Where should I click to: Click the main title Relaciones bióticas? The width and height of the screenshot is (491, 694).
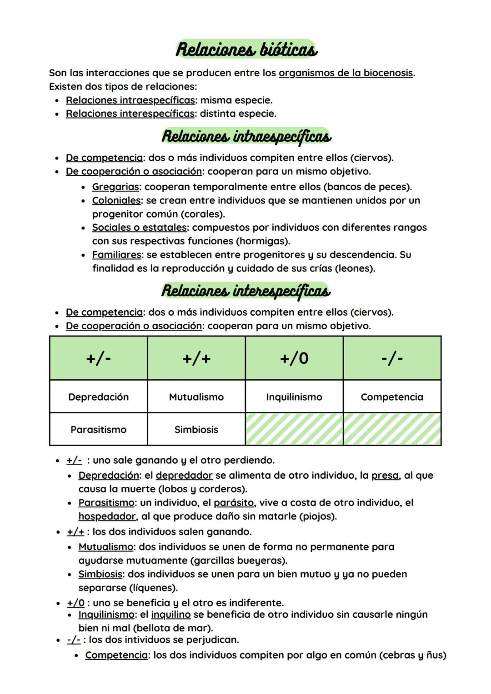coord(246,50)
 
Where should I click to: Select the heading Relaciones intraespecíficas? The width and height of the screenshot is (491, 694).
coord(246,136)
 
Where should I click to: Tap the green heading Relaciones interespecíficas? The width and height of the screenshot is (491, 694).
coord(245,291)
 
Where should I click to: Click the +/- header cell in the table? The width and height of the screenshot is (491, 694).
coord(98,358)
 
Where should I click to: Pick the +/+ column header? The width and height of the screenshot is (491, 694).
coord(196,358)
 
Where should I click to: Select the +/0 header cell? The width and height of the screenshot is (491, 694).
coord(294,358)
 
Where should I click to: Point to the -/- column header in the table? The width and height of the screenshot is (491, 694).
coord(392,358)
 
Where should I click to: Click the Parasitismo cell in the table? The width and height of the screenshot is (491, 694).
coord(98,429)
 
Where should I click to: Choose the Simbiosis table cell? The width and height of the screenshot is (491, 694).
coord(196,429)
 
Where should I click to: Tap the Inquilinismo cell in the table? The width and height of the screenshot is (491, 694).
coord(294,397)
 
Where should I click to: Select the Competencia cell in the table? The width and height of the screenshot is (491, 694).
coord(392,397)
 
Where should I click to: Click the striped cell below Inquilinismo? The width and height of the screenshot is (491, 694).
coord(294,429)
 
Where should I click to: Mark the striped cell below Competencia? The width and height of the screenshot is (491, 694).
coord(392,429)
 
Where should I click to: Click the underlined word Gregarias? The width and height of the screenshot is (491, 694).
coord(115,187)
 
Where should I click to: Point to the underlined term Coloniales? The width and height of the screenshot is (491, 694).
coord(116,200)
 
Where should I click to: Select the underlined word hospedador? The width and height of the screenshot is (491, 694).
coord(107,516)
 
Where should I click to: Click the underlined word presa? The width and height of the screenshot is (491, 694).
coord(385,476)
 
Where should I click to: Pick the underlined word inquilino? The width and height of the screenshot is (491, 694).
coord(170,615)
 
